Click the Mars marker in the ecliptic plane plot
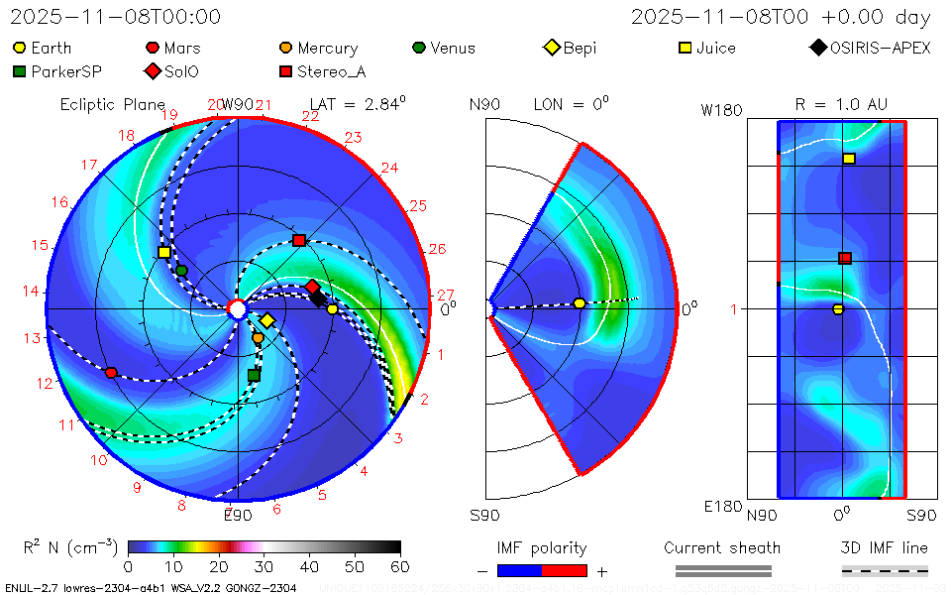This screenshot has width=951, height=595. [111, 373]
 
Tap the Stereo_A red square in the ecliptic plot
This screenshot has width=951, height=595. [299, 240]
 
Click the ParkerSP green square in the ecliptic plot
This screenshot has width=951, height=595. [254, 375]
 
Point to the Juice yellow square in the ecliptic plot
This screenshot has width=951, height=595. [164, 252]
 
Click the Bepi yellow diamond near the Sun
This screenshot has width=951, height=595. [266, 320]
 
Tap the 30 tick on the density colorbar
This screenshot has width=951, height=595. [264, 566]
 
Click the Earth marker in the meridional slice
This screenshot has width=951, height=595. [580, 303]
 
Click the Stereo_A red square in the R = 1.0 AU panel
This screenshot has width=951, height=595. [845, 258]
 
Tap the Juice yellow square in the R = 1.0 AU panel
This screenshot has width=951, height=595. [849, 159]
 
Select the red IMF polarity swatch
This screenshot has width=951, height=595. [565, 570]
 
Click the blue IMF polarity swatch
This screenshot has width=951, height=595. [520, 570]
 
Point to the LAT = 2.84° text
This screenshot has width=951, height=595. [358, 103]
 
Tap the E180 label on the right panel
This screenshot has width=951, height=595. [723, 507]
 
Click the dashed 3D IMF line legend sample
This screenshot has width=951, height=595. [885, 570]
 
